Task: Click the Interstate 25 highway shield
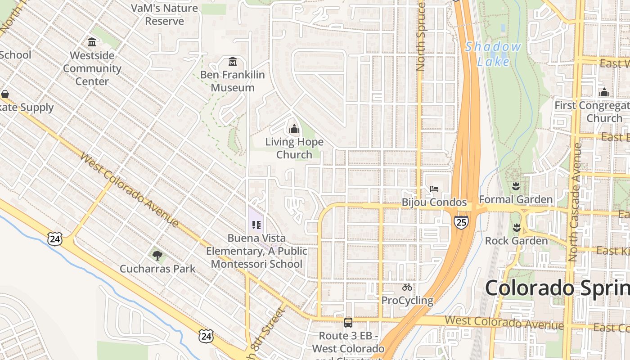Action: (461, 221)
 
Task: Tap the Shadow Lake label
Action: (493, 54)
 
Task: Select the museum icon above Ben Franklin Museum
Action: (233, 61)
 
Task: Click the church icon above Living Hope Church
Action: (294, 129)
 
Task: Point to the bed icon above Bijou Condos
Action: (434, 189)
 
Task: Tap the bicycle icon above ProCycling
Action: (407, 287)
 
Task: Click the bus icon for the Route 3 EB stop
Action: (348, 322)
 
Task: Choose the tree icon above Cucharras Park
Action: (157, 256)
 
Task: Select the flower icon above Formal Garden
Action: (516, 186)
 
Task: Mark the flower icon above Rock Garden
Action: (516, 228)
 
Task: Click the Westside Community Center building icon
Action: (92, 42)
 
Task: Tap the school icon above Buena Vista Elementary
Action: (256, 225)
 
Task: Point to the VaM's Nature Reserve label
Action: (164, 14)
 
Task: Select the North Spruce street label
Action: (421, 36)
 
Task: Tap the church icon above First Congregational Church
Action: (604, 92)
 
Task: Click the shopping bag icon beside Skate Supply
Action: (5, 94)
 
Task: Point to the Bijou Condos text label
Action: (434, 202)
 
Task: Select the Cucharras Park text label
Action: (157, 269)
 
